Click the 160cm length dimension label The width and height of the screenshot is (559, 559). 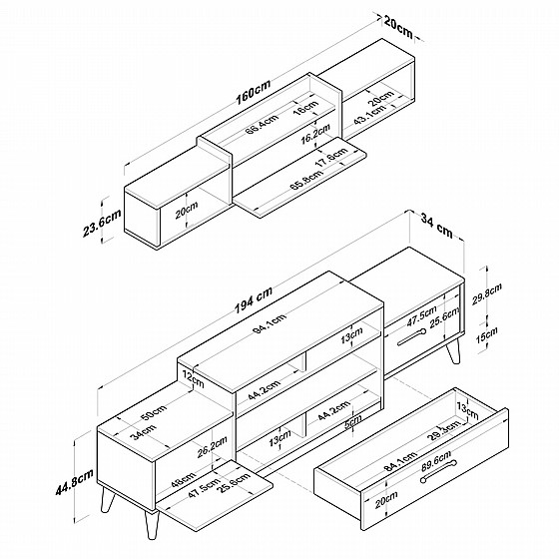[254, 92]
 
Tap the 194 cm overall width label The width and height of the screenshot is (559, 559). [254, 299]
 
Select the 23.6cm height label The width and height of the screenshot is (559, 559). [102, 223]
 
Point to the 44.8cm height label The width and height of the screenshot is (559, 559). [74, 481]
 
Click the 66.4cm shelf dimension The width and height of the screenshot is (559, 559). [262, 124]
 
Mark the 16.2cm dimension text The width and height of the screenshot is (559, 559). [315, 134]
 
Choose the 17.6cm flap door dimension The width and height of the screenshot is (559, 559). [331, 158]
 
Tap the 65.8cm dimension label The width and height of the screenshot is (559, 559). [306, 180]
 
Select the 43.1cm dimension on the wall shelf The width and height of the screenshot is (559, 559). [370, 114]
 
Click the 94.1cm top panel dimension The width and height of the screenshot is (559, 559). [270, 323]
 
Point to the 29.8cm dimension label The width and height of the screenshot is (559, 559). [487, 293]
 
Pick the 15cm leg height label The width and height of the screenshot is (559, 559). [487, 334]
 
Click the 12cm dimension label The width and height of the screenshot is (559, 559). [193, 379]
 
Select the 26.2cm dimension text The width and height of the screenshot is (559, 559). [213, 447]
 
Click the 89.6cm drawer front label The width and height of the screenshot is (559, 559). [436, 460]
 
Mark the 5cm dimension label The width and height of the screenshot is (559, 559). [353, 421]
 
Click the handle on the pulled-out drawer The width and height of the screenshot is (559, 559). [438, 471]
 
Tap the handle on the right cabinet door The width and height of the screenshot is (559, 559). [411, 337]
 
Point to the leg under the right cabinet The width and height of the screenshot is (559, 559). [453, 351]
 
